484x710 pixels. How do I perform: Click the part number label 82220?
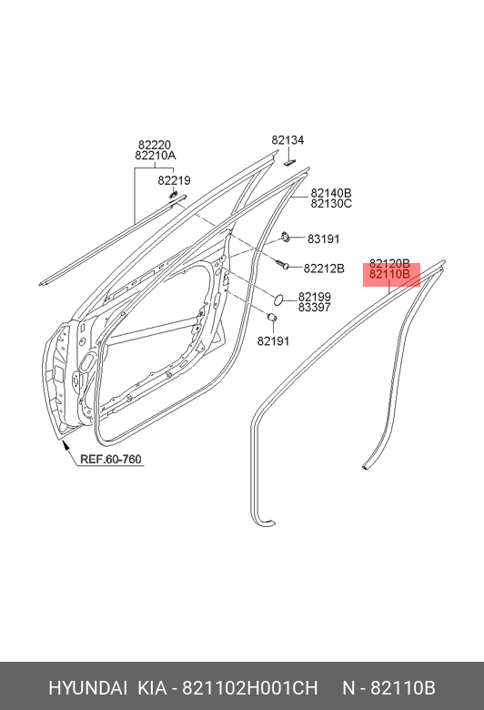coord(155,145)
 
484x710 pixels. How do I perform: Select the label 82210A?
coord(156,156)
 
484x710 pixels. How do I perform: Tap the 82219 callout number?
coord(175,180)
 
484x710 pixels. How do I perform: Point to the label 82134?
coord(288,140)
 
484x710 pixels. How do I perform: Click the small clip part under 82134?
coord(289,162)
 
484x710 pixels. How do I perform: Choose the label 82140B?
coord(331,193)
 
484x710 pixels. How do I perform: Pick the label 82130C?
coord(331,204)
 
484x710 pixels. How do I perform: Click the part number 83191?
coord(323,238)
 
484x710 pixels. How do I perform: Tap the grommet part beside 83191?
coord(286,237)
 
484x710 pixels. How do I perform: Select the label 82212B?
coord(324,269)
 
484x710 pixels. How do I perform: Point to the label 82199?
coord(314,297)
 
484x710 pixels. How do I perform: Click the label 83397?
coord(314,308)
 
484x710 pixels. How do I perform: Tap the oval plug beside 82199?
coord(278,299)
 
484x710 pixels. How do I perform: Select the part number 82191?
coord(273,341)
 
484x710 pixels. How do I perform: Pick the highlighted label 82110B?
coord(389,274)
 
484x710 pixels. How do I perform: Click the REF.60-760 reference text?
coord(111,459)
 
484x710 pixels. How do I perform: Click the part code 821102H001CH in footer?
coord(250,688)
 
